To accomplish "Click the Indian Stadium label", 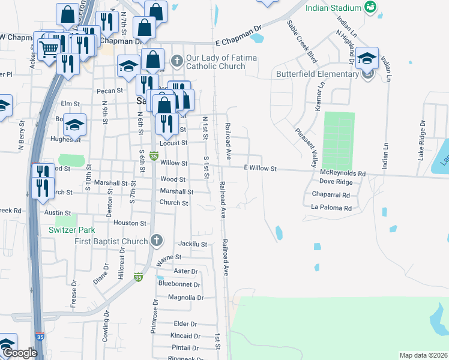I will (333, 8).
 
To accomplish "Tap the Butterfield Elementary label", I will (325, 74).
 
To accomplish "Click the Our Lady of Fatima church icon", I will (177, 61).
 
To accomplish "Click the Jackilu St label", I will (193, 244).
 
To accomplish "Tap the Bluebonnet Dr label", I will (178, 283).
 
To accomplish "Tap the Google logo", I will (20, 353).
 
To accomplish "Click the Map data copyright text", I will (423, 355).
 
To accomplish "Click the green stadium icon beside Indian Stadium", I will (370, 8).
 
